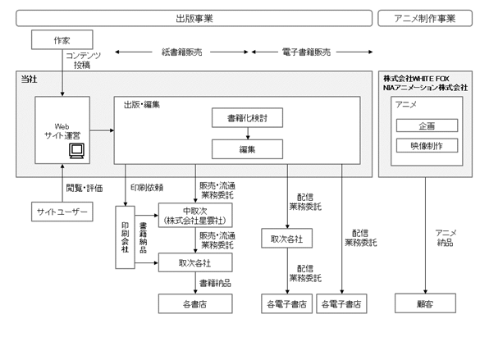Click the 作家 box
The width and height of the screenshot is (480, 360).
coord(62,39)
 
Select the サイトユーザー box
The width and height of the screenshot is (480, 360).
coord(62,212)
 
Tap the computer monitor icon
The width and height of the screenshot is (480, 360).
coord(76,151)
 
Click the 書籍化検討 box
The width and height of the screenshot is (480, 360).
coord(247,118)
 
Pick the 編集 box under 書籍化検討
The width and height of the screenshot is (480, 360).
coord(247,149)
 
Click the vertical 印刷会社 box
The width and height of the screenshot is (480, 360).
coord(125,237)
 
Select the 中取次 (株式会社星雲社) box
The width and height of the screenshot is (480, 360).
coord(195,216)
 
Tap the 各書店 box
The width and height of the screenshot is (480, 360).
coord(195,304)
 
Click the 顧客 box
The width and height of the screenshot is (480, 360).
coord(425,303)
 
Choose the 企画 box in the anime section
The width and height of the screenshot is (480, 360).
coord(427,125)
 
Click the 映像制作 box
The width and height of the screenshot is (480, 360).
coord(427,146)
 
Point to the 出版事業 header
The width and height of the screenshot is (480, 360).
coord(194,18)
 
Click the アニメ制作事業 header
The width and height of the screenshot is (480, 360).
coord(425,18)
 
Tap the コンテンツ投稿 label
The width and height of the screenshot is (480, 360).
coord(83,60)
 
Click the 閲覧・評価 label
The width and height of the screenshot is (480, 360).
coord(85,188)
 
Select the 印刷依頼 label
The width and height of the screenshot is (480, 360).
coord(147,188)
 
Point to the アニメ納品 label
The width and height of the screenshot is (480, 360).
coord(446,238)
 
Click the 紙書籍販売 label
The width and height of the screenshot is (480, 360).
coord(182,52)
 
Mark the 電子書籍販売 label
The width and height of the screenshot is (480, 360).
coord(306,52)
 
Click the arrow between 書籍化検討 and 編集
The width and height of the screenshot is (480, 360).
coord(248,134)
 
